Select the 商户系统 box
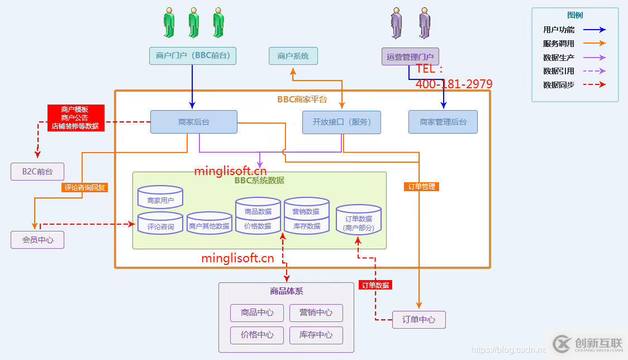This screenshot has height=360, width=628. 293,56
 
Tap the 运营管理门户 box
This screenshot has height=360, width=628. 410,56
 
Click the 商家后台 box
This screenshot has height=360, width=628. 193,122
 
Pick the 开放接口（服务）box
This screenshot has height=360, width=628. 341,122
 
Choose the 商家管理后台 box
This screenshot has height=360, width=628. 443,122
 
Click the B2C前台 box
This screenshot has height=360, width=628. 37,172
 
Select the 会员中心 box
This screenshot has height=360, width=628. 37,240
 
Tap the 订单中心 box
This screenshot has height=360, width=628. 418,320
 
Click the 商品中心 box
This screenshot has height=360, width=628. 257,312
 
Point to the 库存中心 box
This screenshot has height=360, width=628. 316,335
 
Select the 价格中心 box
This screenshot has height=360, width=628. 257,335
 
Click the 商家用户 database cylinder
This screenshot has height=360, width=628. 160,198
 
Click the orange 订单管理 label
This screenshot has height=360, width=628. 421,187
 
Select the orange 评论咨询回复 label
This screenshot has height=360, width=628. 84,188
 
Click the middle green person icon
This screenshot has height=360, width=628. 193,23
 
